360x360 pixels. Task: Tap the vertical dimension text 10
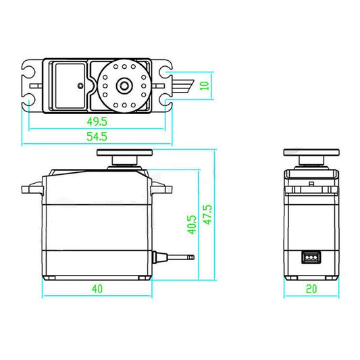click(214, 84)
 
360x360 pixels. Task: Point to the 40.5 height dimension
click(192, 224)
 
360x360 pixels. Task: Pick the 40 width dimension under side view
click(97, 288)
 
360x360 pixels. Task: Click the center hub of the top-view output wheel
click(124, 85)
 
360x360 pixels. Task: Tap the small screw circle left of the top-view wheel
click(80, 86)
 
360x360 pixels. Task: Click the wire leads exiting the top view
click(188, 85)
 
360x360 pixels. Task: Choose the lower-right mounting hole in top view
click(166, 101)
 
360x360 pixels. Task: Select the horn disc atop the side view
click(123, 153)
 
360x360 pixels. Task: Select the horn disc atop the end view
click(311, 153)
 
